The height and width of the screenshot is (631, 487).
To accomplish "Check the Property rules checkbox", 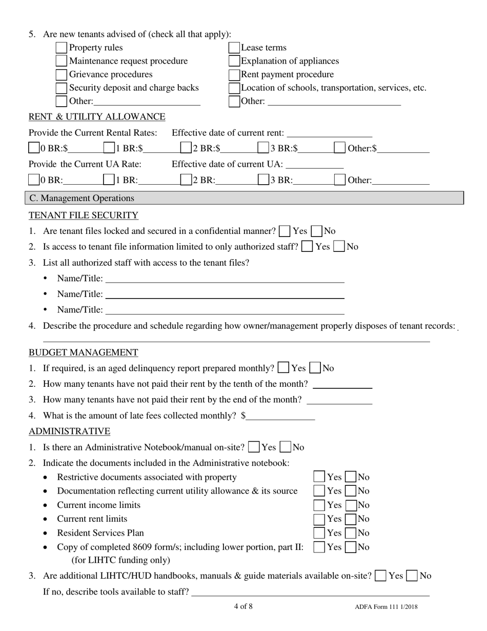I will tap(61, 48).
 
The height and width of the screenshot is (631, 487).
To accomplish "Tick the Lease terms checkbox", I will tap(234, 48).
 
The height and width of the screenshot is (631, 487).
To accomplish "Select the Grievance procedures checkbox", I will tap(61, 74).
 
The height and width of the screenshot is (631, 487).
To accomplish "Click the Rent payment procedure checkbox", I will tap(234, 74).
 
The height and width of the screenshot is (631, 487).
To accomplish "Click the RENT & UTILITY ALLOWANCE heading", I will tap(97, 117).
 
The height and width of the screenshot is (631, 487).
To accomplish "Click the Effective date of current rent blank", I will tap(330, 133).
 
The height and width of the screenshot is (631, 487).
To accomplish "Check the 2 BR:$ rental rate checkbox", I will tap(187, 149).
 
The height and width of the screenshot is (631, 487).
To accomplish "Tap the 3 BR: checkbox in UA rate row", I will tap(263, 180).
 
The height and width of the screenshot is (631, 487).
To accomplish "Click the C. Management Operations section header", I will tap(82, 198).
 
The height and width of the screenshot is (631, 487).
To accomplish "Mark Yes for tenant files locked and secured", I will tap(285, 231).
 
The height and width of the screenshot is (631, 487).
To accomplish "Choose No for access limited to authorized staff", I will tap(339, 246).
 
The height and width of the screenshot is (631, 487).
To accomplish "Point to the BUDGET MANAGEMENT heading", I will tap(83, 352).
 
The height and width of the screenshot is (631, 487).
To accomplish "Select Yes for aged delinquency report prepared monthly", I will tap(283, 368).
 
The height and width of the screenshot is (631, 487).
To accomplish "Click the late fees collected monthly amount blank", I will tap(280, 416).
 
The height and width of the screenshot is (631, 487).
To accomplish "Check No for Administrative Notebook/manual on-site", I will tap(286, 447).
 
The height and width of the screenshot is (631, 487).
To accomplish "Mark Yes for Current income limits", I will tap(319, 505).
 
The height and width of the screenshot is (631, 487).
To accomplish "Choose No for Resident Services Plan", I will tap(351, 533).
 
